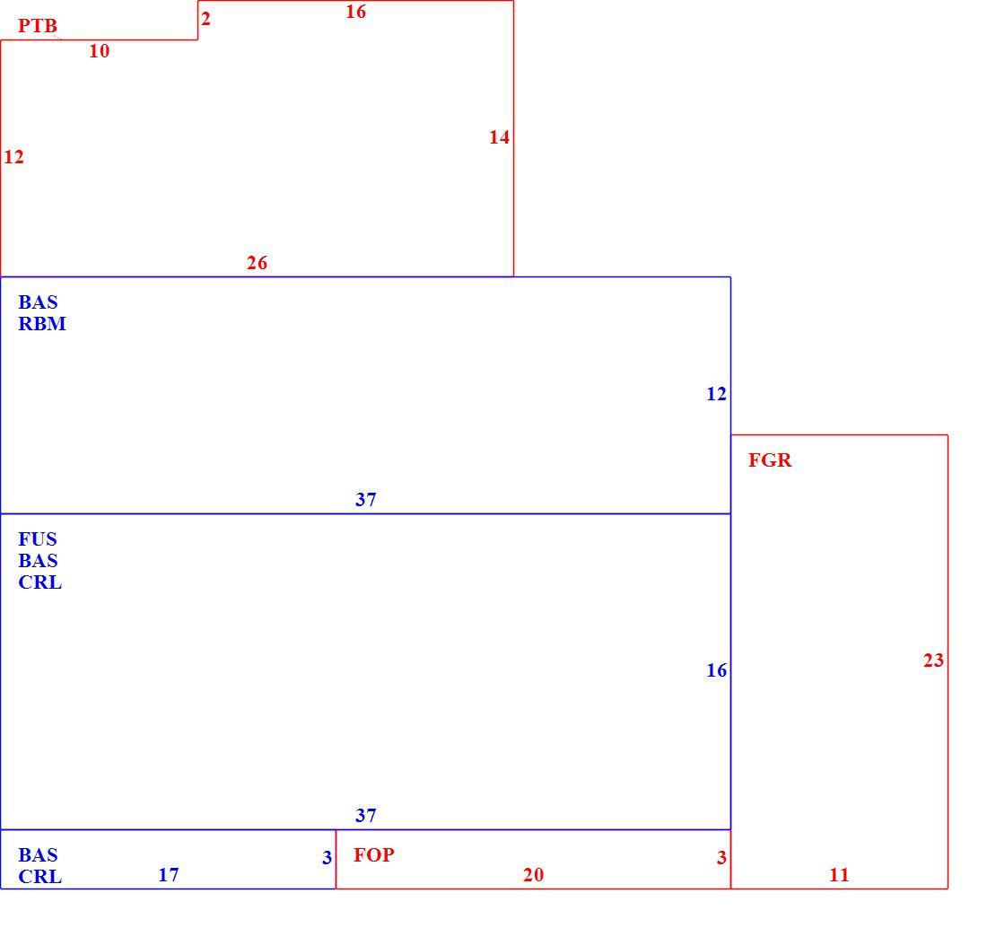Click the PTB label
coord(38,26)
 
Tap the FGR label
coord(770,460)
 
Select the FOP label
coord(374,855)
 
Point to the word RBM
coord(42,324)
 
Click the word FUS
coord(38,538)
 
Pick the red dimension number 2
coord(205,18)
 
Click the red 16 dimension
coord(355,12)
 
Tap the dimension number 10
coord(99,51)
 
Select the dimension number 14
coord(499,137)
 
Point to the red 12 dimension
coord(13,157)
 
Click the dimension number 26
coord(257,263)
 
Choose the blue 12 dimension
coord(716,394)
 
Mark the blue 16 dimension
coord(716,670)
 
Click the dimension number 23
coord(933,661)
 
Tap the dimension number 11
coord(839,874)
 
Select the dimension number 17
coord(168,874)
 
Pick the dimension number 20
coord(533,874)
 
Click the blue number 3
coord(327,857)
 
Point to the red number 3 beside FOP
coord(721,857)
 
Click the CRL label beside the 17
coord(40,876)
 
